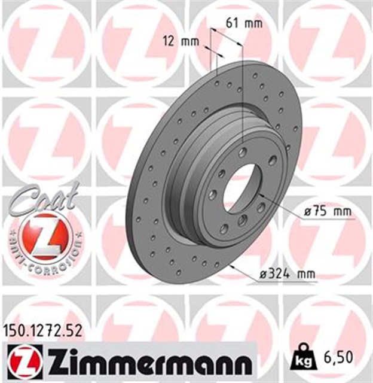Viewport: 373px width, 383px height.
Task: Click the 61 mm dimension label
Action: [244, 24]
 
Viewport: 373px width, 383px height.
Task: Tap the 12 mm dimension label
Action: [181, 41]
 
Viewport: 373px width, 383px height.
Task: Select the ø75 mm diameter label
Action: [326, 212]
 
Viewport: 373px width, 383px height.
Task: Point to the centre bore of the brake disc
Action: [240, 187]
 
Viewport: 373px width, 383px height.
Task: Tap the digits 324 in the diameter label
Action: [279, 274]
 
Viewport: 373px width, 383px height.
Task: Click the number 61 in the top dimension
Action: [231, 24]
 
